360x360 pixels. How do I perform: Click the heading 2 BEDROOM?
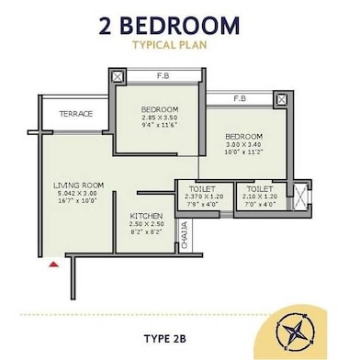(180, 25)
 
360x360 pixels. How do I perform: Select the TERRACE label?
(76, 114)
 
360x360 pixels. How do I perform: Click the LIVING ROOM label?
(78, 186)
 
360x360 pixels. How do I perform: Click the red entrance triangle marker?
(54, 264)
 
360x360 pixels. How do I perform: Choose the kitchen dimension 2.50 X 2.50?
(145, 223)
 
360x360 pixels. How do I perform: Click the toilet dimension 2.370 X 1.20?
(202, 196)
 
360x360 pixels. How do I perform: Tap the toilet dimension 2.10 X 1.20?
(259, 196)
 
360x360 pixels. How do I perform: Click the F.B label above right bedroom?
(239, 98)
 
